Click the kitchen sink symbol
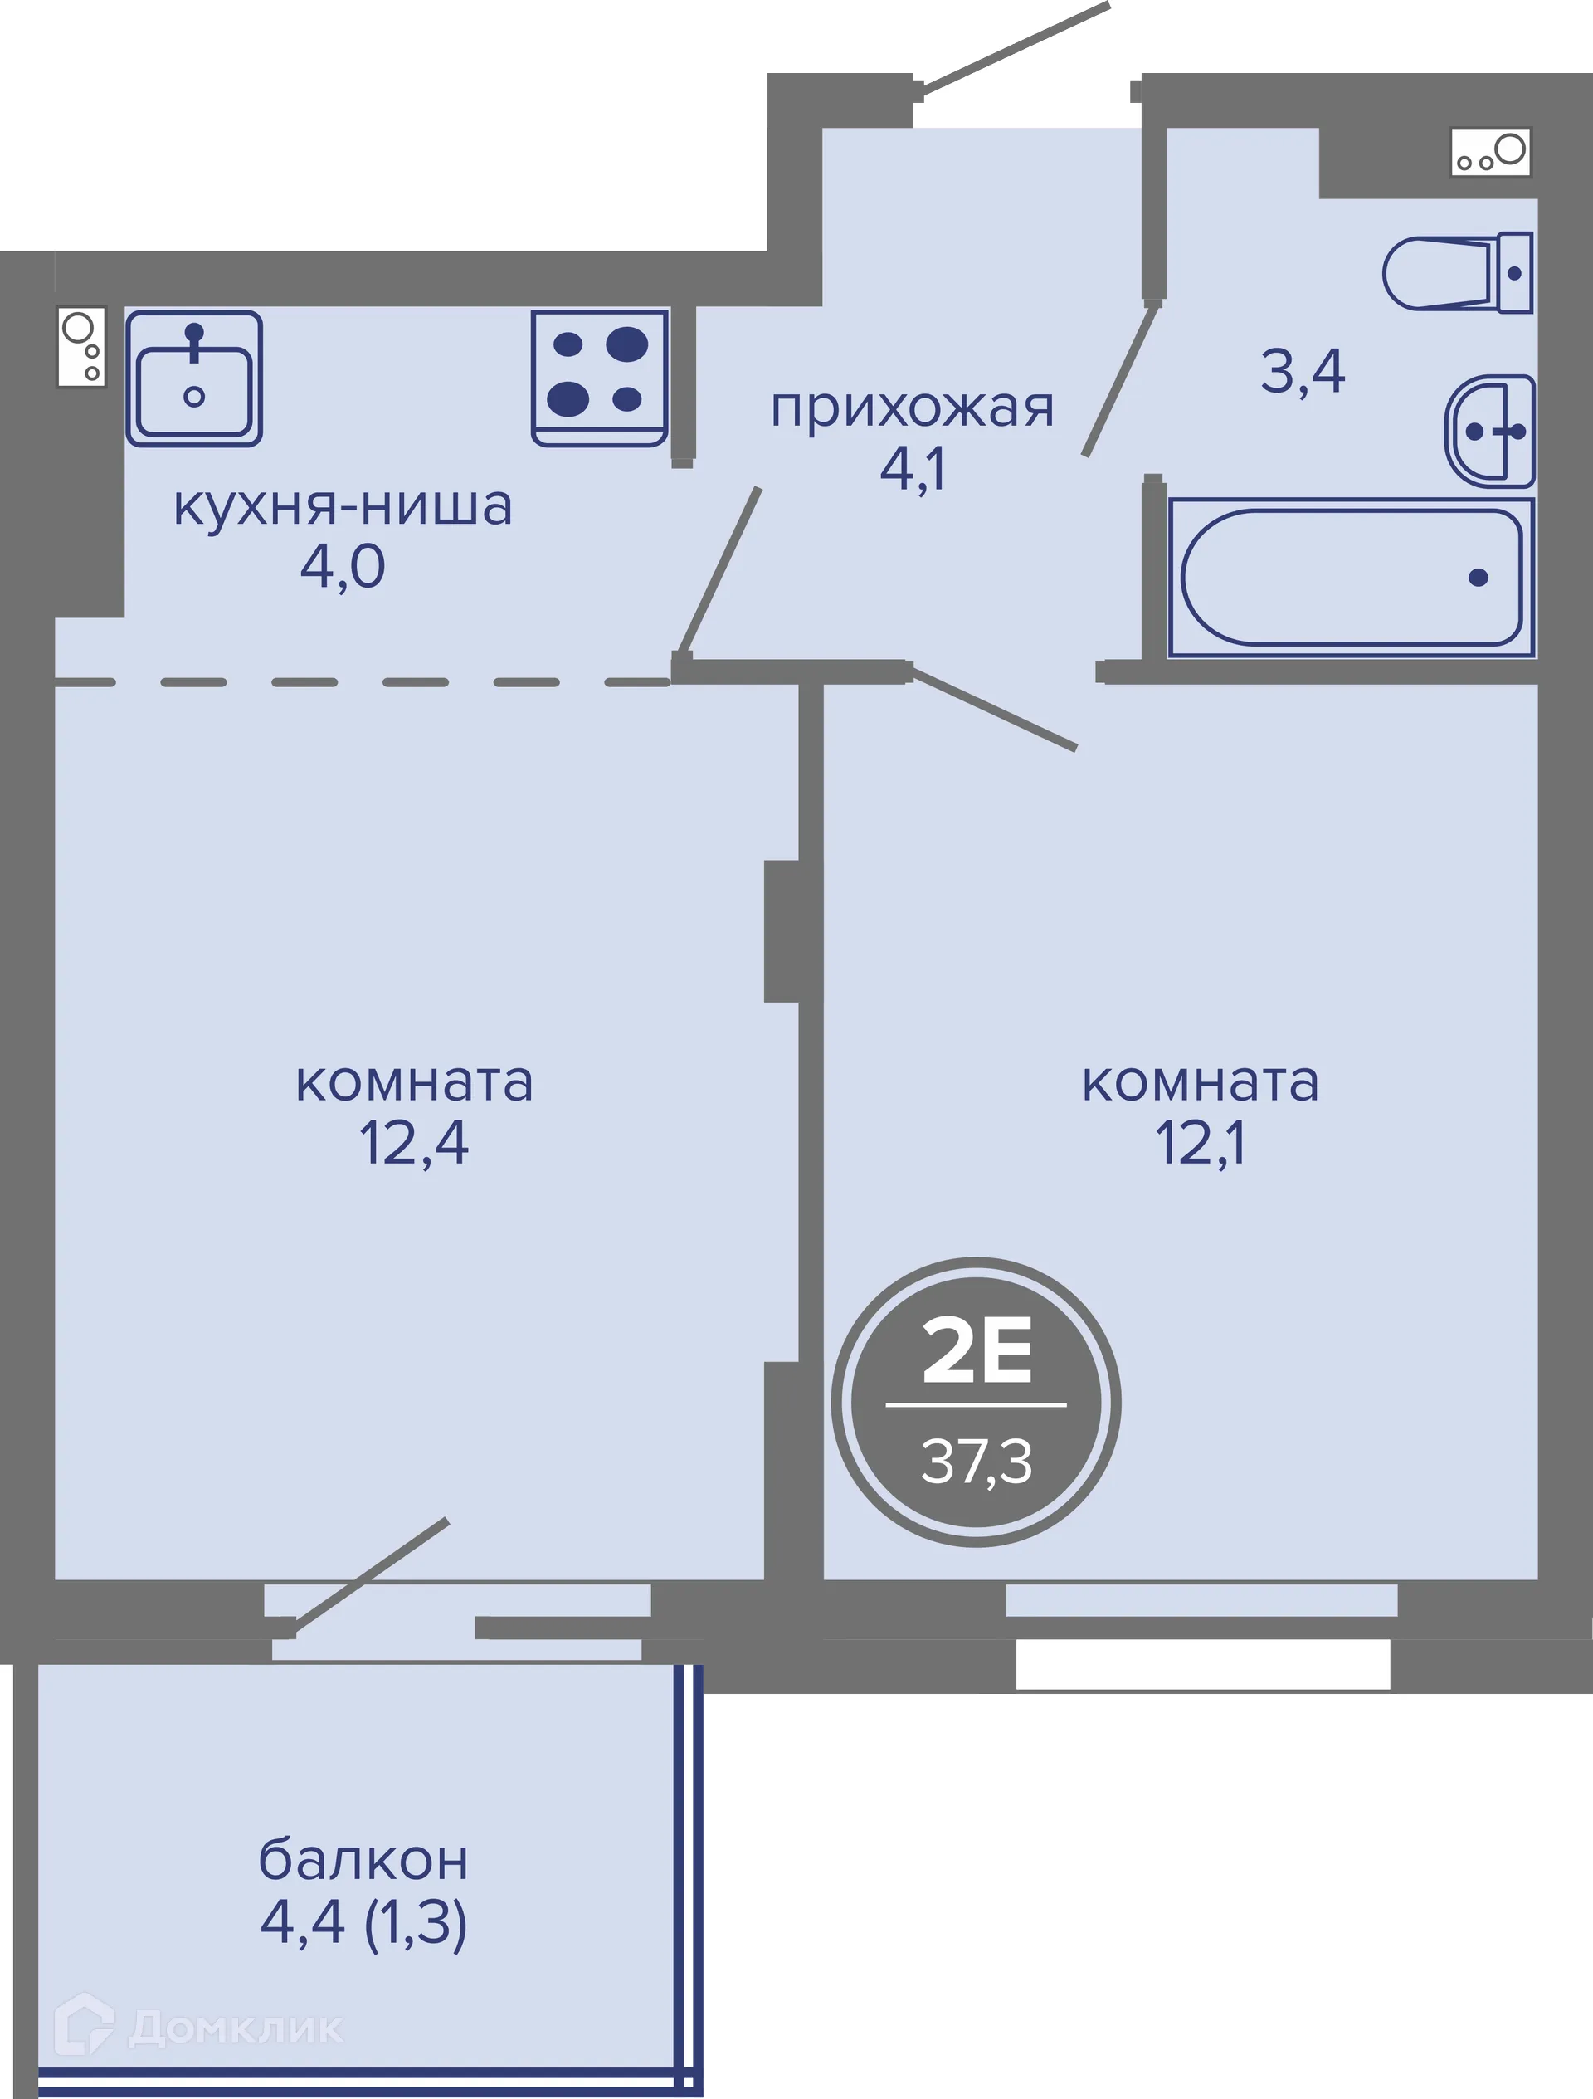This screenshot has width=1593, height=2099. click(x=193, y=378)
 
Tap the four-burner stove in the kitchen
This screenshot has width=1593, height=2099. click(x=599, y=378)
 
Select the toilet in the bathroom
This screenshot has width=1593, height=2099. click(x=1456, y=272)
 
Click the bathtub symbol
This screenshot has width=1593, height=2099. click(x=1351, y=577)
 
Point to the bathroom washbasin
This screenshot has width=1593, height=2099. click(x=1489, y=431)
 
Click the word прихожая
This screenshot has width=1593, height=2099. click(x=912, y=409)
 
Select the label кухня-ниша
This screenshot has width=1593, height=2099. click(x=343, y=505)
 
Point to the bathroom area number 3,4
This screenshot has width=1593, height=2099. click(x=1302, y=371)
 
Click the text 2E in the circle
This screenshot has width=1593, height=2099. click(x=977, y=1351)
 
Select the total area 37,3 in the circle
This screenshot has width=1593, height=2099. click(x=977, y=1462)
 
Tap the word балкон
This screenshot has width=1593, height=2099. click(x=363, y=1861)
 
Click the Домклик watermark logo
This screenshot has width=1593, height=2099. click(x=199, y=2028)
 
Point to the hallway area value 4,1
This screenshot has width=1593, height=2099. click(x=912, y=469)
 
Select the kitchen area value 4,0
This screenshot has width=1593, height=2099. click(x=343, y=567)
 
